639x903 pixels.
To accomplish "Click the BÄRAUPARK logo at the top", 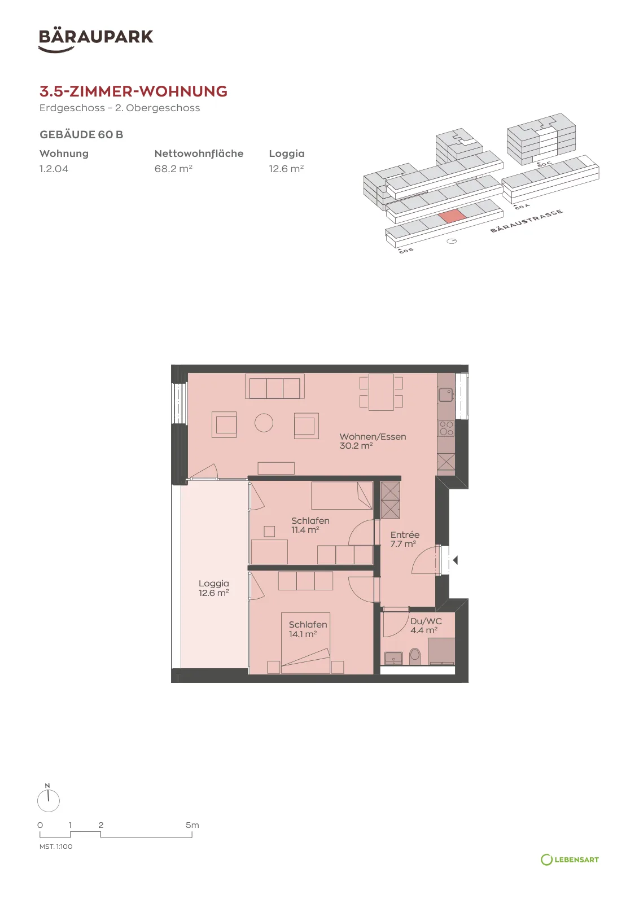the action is point(95,40).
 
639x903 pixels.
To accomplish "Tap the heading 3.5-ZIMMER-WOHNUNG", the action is point(133,91).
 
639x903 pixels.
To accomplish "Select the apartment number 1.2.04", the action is point(54,169).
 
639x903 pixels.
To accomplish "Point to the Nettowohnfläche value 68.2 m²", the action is point(173,169).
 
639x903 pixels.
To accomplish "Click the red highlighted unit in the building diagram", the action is point(452,216).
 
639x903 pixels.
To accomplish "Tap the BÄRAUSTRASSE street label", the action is point(526,221).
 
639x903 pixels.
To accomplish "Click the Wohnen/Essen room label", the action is point(373,437).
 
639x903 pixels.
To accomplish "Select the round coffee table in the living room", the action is point(264,423).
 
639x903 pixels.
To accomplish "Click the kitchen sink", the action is point(447,394).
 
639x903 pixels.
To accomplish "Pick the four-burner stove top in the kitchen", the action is point(447,428).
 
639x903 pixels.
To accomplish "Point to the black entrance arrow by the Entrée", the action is point(455,560).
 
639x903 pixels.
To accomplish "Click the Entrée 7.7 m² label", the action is point(405,540).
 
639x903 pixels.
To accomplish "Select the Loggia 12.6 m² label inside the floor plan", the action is point(214,588).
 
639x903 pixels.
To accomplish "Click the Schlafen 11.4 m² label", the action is point(310,525).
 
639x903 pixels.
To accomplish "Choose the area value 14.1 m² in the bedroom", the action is point(303,634).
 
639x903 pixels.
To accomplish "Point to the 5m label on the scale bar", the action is point(192,825).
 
